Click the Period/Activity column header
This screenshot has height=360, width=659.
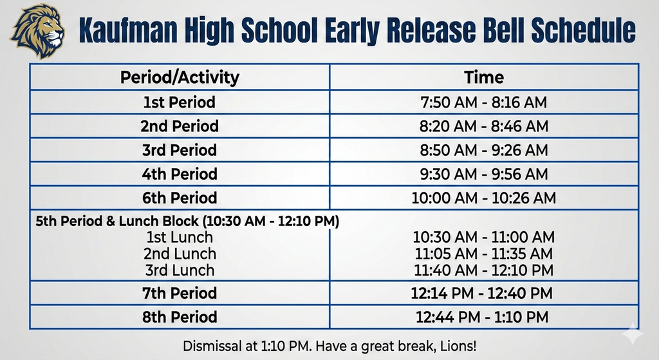tap(180, 78)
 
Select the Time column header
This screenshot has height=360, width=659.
tap(484, 78)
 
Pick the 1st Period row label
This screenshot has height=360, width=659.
tap(180, 102)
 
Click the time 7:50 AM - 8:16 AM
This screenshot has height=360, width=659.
tap(484, 102)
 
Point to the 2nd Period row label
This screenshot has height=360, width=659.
tap(180, 126)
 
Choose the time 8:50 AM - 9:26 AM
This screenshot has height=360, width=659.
tap(484, 150)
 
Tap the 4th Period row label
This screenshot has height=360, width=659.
tap(180, 174)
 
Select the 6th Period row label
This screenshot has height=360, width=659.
tap(180, 198)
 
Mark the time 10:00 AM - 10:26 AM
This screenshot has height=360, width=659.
tap(484, 198)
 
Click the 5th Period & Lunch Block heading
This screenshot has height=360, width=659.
tap(187, 222)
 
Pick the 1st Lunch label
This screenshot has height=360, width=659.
tap(180, 238)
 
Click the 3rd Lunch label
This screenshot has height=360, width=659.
tap(180, 270)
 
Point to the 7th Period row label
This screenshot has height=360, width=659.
tap(180, 294)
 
